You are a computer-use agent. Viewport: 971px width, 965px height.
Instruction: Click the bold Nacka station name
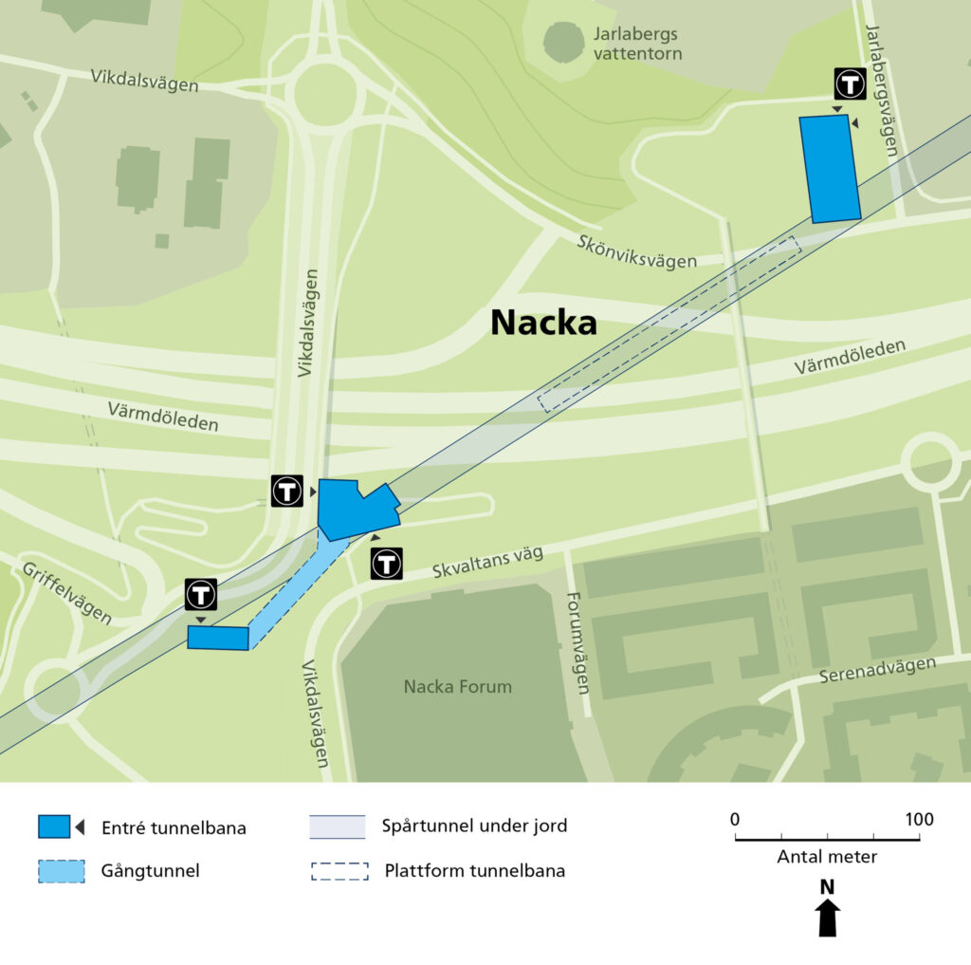tap(543, 324)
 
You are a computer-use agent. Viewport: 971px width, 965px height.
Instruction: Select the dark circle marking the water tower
tap(564, 43)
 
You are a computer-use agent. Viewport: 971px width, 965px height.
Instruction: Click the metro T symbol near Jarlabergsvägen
tap(850, 84)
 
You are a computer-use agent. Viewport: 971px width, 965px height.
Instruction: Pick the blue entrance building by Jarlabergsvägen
tap(830, 169)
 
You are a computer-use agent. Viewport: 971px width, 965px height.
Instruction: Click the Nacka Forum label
tap(457, 687)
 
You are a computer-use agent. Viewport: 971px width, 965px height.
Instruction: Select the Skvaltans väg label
tap(487, 562)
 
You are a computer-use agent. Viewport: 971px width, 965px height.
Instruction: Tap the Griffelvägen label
tap(64, 592)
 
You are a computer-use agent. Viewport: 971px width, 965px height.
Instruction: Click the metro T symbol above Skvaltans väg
tap(387, 563)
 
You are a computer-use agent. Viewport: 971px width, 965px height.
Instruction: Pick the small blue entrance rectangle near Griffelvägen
tap(217, 638)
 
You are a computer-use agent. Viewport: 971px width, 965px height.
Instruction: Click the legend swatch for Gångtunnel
tap(62, 871)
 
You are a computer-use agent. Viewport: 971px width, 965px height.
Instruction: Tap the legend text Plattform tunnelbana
tap(474, 871)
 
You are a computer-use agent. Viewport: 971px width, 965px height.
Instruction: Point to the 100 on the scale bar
tap(918, 820)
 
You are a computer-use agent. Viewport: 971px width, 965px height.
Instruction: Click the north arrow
tap(828, 916)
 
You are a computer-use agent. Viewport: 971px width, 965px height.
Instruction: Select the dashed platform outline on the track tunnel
tap(669, 325)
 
